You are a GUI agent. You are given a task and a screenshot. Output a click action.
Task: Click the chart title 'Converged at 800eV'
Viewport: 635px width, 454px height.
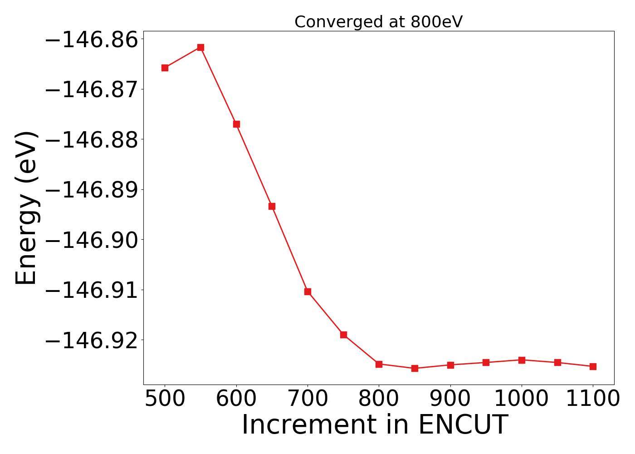point(378,22)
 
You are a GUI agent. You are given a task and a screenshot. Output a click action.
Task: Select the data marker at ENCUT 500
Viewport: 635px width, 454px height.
point(165,68)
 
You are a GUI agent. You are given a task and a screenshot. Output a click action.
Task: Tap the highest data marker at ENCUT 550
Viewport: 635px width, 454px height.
point(200,47)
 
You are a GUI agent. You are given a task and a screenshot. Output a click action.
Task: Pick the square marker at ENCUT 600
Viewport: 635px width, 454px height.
point(236,124)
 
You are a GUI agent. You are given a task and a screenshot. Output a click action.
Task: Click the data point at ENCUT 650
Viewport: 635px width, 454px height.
point(272,206)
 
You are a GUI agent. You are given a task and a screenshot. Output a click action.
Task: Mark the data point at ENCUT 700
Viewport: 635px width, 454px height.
point(308,291)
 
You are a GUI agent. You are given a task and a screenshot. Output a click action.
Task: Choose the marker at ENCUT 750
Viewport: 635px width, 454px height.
point(343,335)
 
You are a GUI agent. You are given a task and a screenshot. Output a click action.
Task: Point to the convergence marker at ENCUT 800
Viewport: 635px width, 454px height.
point(379,364)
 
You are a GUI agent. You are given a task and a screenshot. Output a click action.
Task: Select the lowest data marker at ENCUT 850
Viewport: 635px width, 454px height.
point(415,368)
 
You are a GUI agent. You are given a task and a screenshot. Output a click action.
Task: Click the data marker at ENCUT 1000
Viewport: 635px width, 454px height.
point(522,360)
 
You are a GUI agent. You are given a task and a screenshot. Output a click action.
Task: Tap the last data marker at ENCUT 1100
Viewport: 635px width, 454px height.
point(593,366)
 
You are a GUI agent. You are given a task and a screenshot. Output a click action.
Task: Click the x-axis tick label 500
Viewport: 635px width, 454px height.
point(165,399)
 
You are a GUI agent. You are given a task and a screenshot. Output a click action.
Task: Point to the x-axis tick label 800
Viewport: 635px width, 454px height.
point(379,399)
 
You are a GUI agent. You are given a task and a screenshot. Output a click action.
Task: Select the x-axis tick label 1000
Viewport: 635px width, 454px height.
point(522,399)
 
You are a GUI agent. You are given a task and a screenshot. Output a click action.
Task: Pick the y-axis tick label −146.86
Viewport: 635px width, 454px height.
point(91,40)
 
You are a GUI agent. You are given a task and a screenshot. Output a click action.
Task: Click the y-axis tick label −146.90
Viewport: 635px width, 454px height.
point(91,240)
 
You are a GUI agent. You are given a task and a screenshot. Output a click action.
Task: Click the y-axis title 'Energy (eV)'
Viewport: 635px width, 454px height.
point(26,208)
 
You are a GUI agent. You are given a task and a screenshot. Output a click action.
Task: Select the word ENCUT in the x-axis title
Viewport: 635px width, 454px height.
point(462,425)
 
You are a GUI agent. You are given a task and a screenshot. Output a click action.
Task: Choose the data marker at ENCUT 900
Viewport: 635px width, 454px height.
point(450,365)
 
